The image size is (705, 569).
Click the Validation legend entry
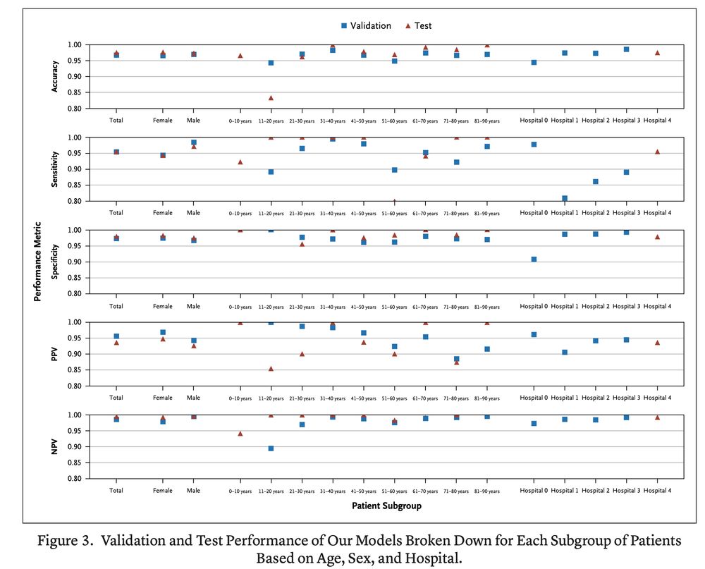(365, 25)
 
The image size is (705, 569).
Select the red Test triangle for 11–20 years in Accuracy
(271, 98)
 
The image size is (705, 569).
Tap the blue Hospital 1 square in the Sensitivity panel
(565, 198)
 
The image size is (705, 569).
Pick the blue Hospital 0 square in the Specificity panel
(534, 259)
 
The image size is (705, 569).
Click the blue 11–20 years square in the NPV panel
(271, 448)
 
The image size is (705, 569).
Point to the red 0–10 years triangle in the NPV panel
(240, 434)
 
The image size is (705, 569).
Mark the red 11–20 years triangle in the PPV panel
(271, 368)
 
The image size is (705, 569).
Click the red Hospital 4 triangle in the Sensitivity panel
(657, 152)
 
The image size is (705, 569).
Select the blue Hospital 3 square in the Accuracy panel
(626, 49)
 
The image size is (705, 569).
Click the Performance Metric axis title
(38, 261)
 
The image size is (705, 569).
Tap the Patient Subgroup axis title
(388, 506)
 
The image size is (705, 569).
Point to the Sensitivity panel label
(55, 169)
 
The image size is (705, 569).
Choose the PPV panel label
(55, 354)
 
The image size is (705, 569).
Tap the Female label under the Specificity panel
(162, 307)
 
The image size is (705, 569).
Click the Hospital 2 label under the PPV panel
(595, 399)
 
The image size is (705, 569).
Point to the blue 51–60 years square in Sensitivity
(394, 170)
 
